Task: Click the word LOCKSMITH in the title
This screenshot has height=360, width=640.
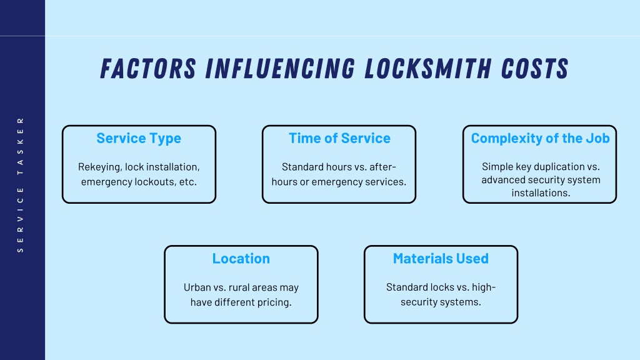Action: pyautogui.click(x=427, y=68)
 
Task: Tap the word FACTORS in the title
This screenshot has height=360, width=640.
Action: pyautogui.click(x=148, y=68)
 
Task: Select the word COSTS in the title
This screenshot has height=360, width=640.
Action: pyautogui.click(x=535, y=68)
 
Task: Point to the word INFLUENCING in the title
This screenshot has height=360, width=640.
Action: pyautogui.click(x=280, y=68)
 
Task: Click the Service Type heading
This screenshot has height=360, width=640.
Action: pyautogui.click(x=139, y=139)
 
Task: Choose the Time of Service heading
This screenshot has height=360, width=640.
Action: pyautogui.click(x=339, y=138)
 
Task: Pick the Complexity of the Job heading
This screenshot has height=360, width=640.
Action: pyautogui.click(x=541, y=139)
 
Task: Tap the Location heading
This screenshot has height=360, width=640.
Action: pyautogui.click(x=241, y=258)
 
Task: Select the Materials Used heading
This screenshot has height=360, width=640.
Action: pyautogui.click(x=441, y=258)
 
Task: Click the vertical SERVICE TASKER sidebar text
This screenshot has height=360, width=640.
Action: pyautogui.click(x=21, y=185)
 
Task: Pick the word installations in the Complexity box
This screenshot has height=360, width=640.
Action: pyautogui.click(x=541, y=192)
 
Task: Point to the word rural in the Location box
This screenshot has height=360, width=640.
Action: pyautogui.click(x=239, y=287)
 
